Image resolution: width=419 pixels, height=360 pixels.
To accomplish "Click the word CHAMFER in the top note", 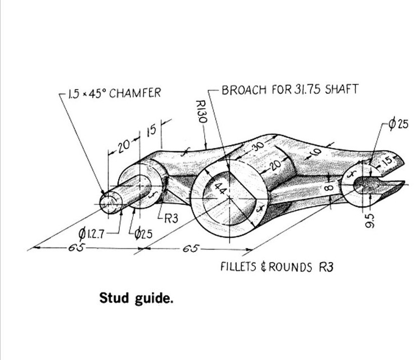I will click(134, 93).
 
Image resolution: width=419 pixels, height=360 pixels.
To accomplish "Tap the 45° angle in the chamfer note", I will click(96, 93).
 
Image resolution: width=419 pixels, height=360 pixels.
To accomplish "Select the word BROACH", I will click(241, 90).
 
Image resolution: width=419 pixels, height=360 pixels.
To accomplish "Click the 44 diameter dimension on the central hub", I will click(220, 190).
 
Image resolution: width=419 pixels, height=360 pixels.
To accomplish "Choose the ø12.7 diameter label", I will click(93, 232).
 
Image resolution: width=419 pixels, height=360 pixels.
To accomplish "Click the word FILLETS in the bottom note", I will click(238, 266).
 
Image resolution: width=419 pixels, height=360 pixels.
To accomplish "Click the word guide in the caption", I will click(154, 298).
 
